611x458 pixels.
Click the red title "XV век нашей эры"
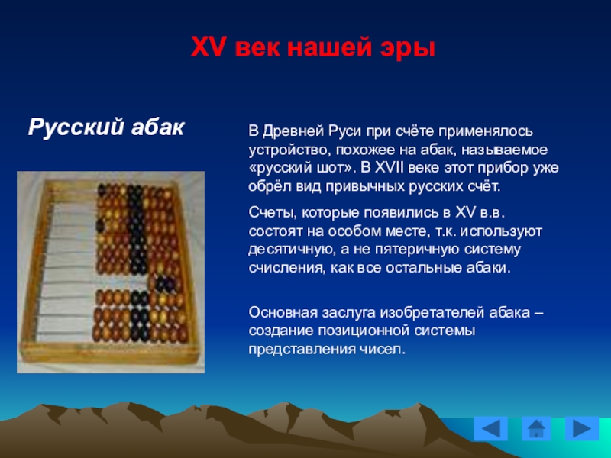313,48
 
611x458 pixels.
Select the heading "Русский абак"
106,127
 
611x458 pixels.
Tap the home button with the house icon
536,428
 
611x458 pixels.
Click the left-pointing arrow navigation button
490,428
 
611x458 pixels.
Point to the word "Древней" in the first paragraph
293,131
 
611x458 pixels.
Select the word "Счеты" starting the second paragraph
273,213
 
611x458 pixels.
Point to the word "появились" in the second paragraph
400,213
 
